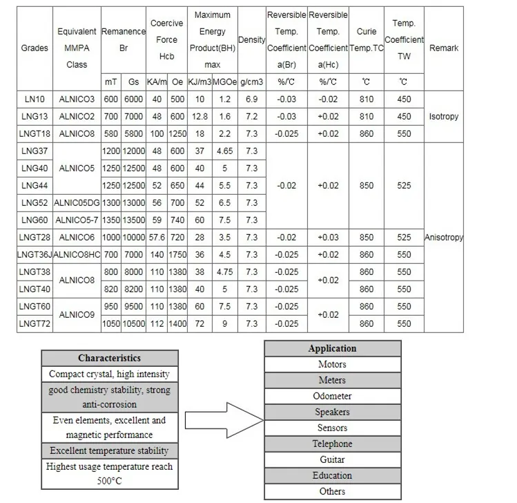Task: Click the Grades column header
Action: pos(35,48)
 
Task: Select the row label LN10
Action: pos(34,99)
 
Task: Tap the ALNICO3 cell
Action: pos(77,99)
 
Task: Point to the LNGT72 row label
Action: pos(35,323)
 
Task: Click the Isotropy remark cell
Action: pos(443,117)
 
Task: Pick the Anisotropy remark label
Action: pos(443,237)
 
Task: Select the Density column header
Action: pos(251,40)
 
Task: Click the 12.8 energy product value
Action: pos(199,117)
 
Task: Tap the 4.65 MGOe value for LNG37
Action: pos(224,151)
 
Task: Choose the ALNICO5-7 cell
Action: pos(77,220)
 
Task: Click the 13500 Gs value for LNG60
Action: pos(133,220)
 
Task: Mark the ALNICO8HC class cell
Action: pos(77,254)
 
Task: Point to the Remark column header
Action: pos(443,48)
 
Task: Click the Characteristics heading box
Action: pos(109,358)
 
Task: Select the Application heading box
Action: pos(332,348)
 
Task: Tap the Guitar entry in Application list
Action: pos(332,459)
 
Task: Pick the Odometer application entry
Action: pos(332,396)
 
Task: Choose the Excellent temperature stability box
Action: pos(109,451)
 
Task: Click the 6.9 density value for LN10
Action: pos(251,99)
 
